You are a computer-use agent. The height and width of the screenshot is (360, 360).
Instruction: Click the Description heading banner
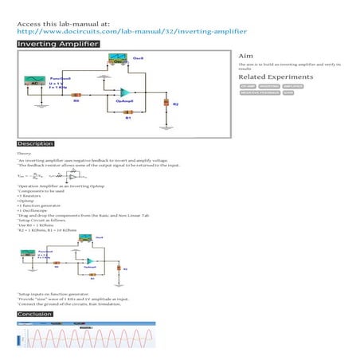(x=36, y=143)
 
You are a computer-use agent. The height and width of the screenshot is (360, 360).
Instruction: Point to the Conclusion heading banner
(x=35, y=315)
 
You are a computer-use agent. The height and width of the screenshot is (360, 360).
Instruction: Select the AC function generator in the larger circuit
(x=34, y=81)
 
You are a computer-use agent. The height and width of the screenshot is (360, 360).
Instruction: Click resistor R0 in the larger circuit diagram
(x=76, y=94)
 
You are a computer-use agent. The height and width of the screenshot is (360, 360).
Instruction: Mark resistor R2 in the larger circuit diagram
(x=166, y=103)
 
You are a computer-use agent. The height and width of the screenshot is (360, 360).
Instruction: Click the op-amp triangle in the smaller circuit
(x=91, y=261)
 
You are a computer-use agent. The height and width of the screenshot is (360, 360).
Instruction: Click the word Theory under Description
(x=24, y=153)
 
